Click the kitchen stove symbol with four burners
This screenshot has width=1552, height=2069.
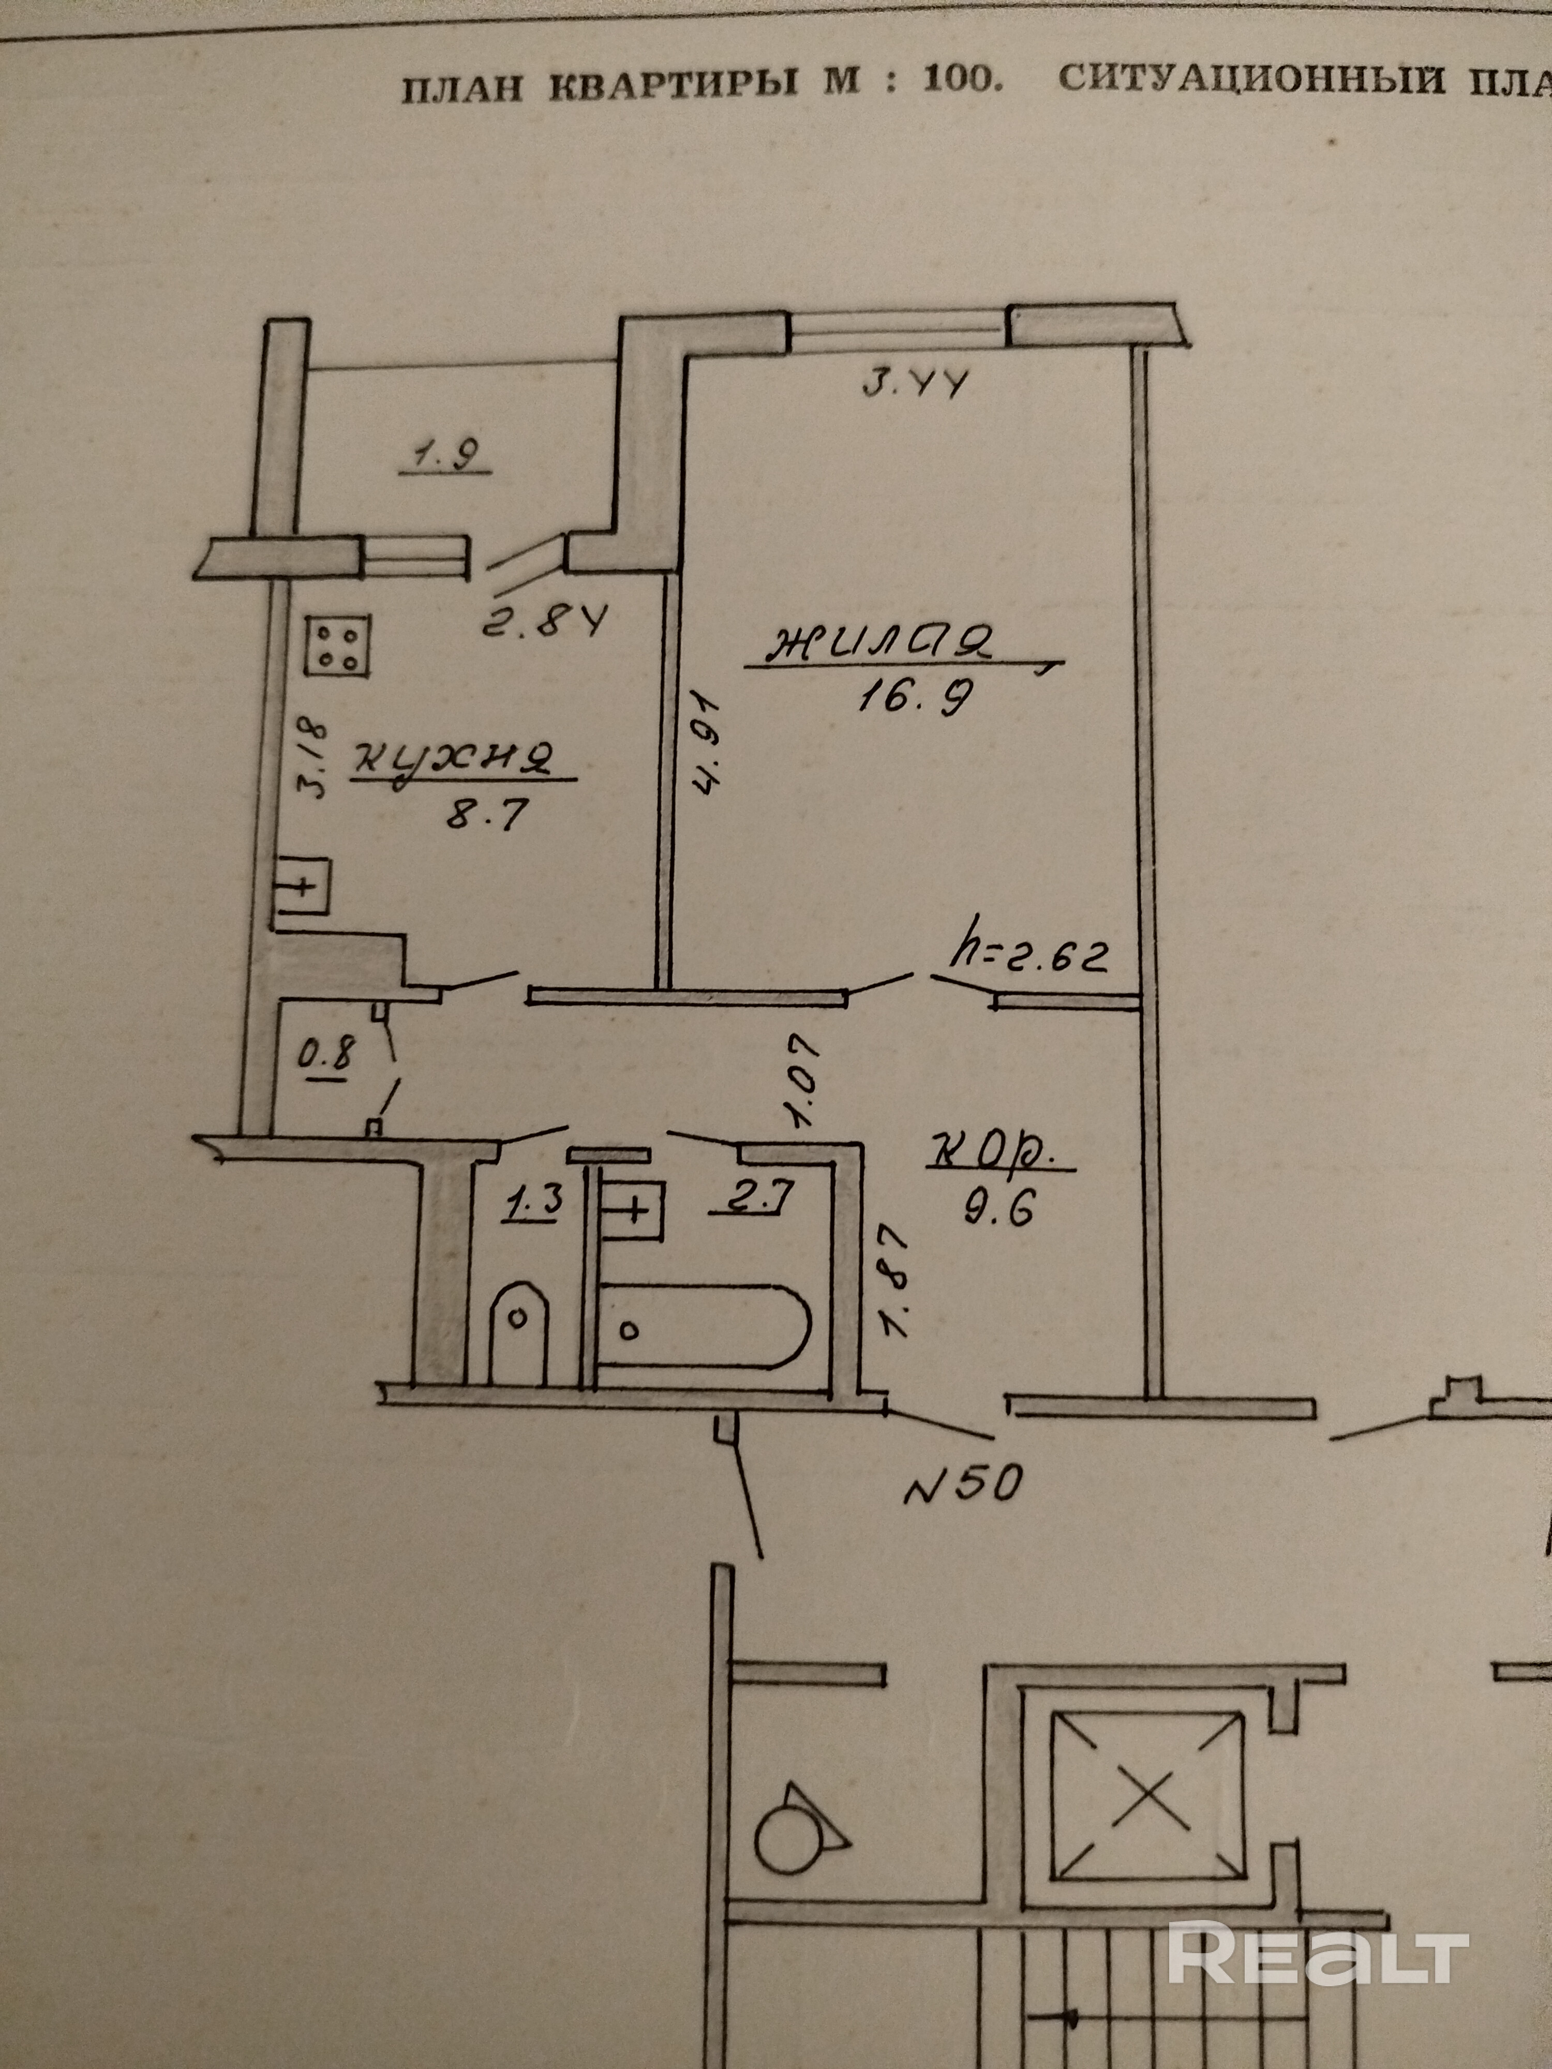click(337, 646)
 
